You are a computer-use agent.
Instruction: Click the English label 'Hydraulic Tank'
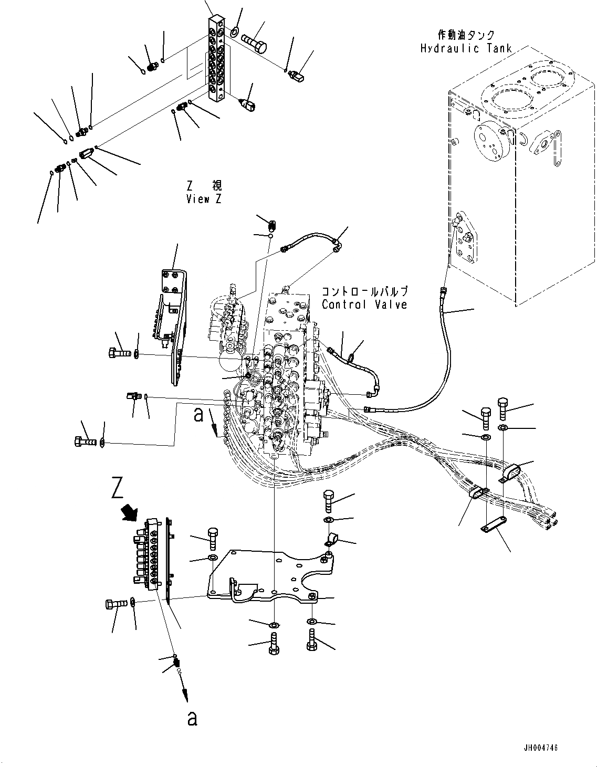465,49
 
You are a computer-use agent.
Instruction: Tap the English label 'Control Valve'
364,304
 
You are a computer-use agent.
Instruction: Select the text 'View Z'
204,199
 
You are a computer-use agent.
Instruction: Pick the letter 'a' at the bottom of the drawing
192,718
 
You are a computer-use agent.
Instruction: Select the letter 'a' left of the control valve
198,414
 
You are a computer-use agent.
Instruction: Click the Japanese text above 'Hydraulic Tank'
466,36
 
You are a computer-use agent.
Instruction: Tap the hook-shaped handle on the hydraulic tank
526,139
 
